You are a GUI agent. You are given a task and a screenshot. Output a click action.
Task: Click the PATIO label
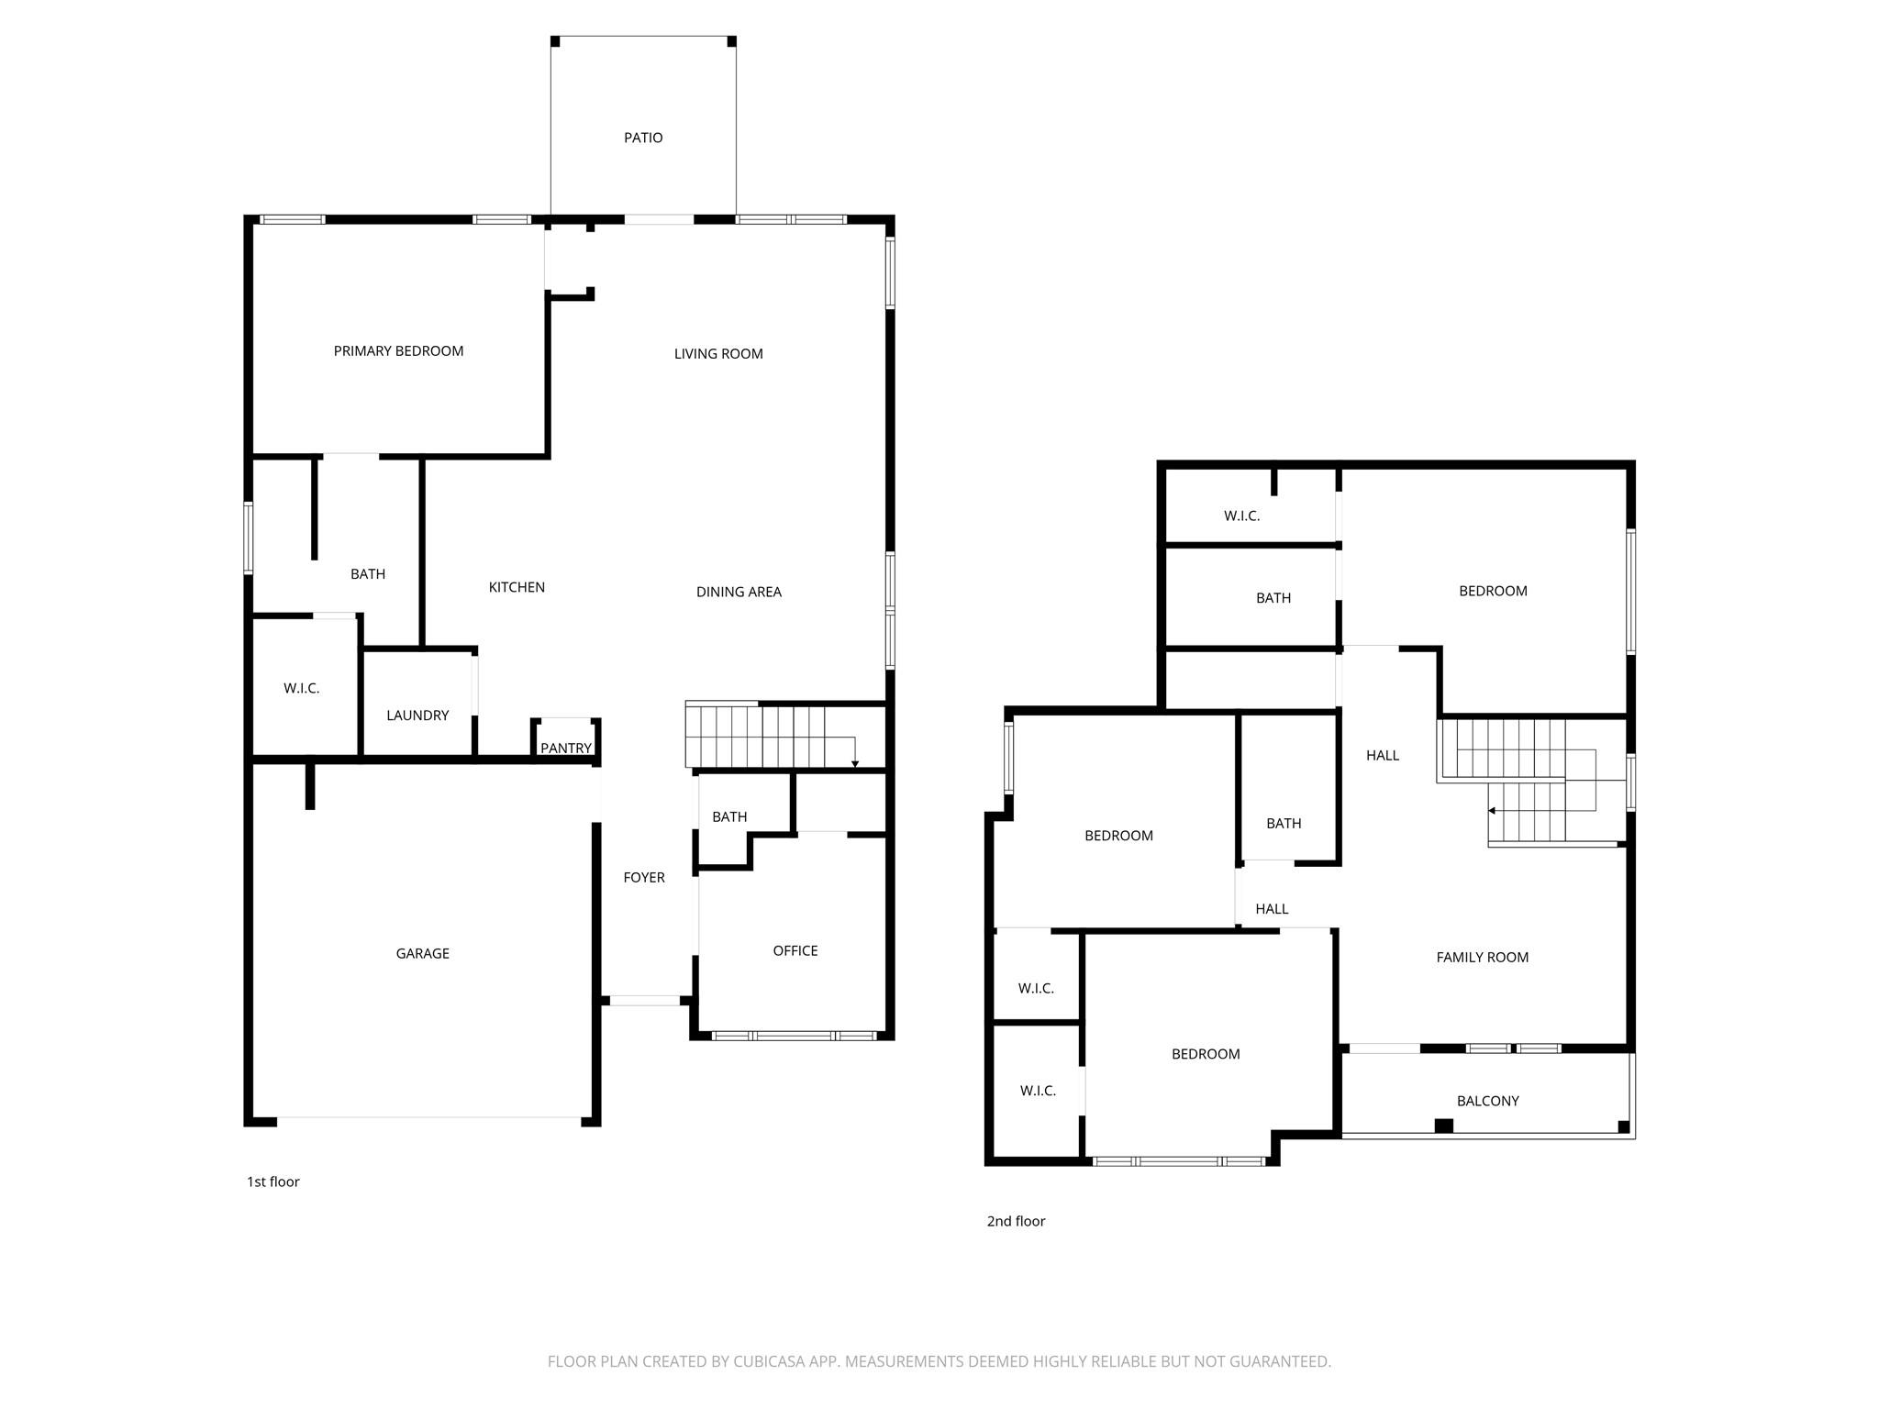(643, 138)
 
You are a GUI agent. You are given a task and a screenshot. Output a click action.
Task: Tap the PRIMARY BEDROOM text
(398, 350)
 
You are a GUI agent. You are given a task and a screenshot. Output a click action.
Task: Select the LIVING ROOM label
(718, 353)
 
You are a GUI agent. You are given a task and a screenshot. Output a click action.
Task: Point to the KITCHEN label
(517, 587)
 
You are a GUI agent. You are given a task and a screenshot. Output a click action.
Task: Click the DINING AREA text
(739, 592)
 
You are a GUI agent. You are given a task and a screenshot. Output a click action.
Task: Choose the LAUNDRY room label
(417, 716)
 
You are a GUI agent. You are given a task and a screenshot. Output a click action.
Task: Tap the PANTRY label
(566, 748)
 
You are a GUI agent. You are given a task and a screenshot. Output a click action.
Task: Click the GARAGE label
(422, 953)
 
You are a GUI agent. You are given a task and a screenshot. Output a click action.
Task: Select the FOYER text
(644, 877)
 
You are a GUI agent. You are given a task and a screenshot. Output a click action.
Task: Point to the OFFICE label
(795, 950)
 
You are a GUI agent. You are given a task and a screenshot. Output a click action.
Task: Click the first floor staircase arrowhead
(855, 764)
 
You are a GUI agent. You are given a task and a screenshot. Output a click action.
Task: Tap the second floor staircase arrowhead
(1492, 811)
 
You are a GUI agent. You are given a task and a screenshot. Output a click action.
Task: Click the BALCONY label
(1487, 1101)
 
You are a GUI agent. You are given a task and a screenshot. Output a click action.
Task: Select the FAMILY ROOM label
(1482, 957)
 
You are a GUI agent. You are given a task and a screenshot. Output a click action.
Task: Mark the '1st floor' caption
(272, 1182)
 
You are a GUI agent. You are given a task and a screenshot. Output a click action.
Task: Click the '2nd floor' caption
(1016, 1221)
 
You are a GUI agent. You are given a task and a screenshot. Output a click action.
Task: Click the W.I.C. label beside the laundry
(301, 688)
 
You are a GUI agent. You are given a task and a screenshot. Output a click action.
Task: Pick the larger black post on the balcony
(1443, 1126)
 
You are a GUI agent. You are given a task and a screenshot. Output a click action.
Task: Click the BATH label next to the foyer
(729, 816)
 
